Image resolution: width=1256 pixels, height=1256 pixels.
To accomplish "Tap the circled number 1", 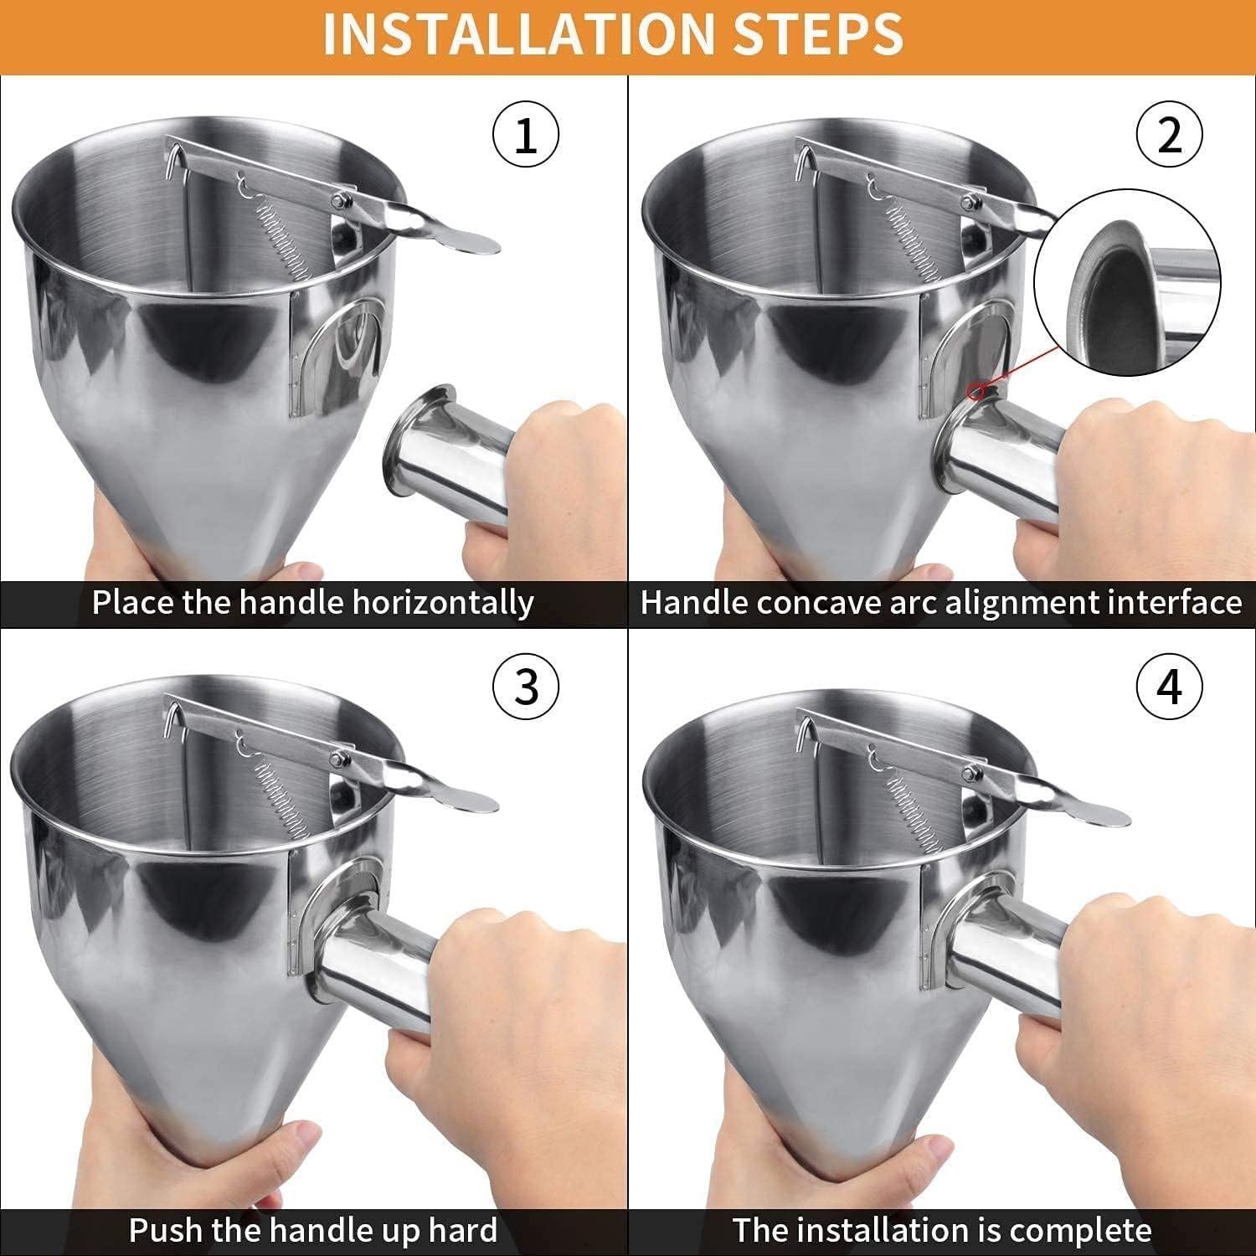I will [525, 136].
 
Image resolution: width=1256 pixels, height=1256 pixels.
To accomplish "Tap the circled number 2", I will [1169, 136].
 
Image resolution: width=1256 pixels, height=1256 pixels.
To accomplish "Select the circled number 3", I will [525, 687].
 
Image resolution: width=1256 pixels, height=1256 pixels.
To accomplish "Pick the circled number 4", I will [1169, 687].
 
